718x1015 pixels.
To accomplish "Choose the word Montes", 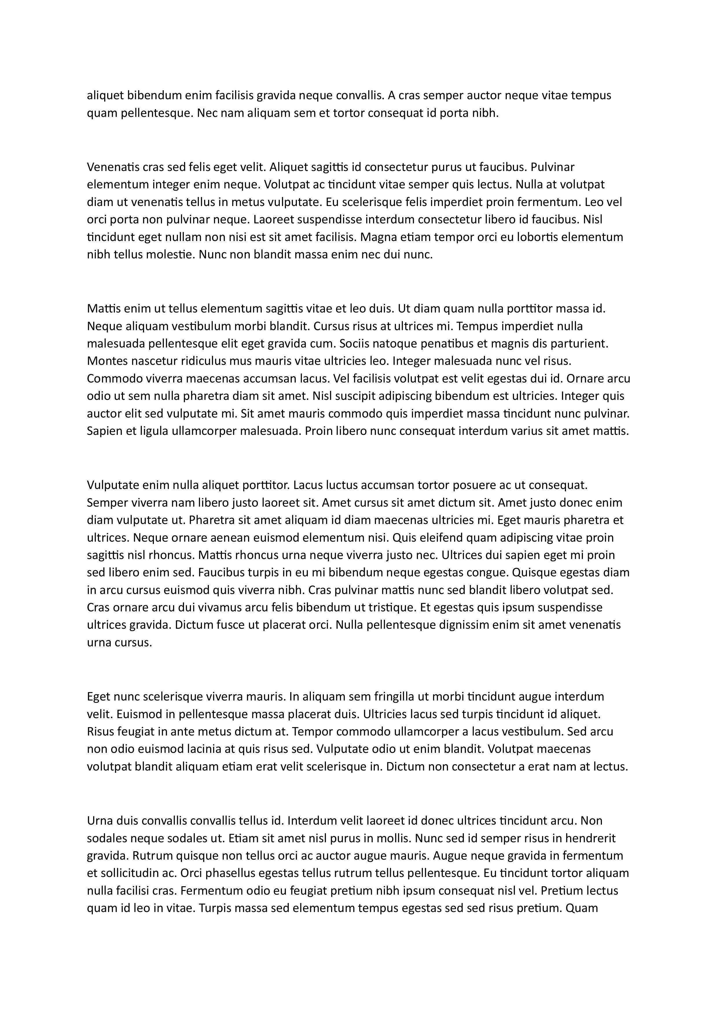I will pos(106,361).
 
